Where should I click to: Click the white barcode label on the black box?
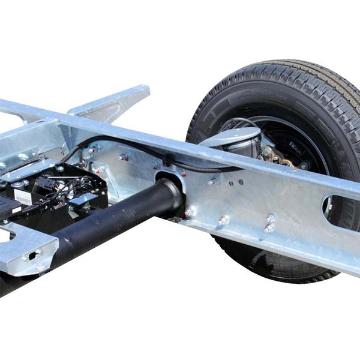point(22,197)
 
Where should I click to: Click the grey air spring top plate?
point(231,137)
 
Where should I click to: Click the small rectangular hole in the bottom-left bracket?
point(31,254)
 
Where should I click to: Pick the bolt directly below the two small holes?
point(223,221)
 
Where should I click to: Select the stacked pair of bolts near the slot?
point(269,223)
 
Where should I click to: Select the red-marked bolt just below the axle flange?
point(190,211)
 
